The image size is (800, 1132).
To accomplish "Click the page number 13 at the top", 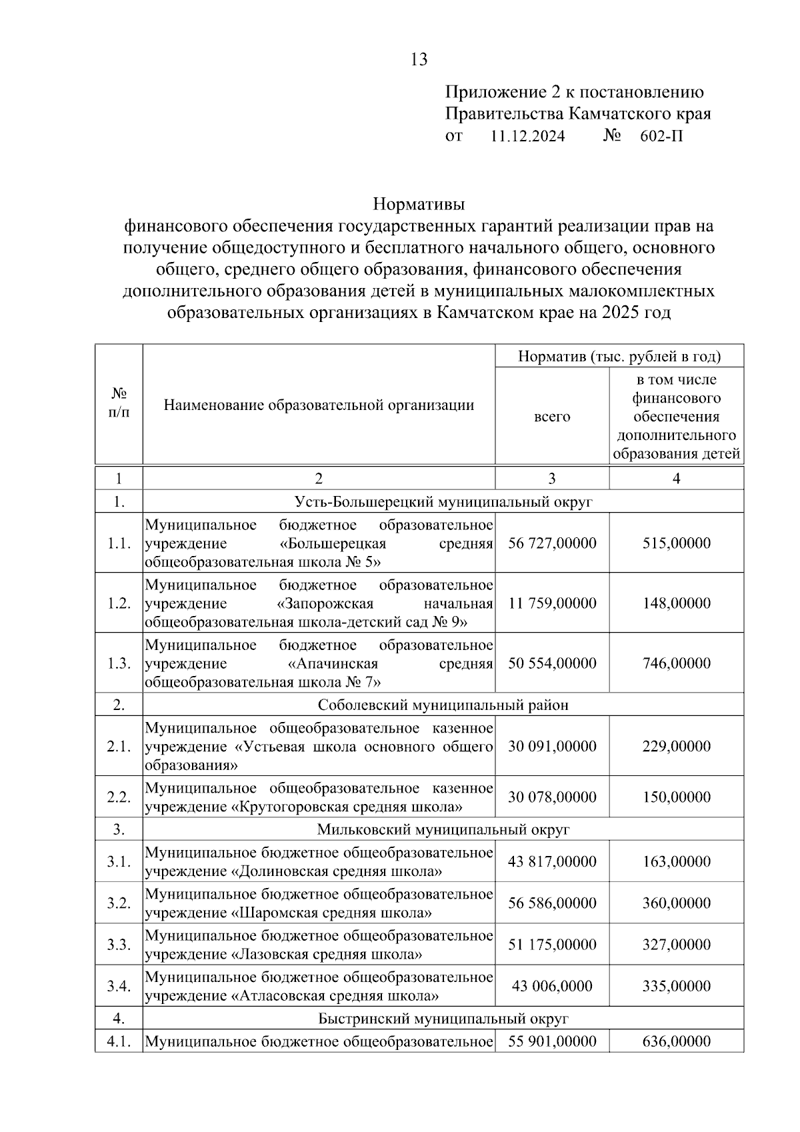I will tap(419, 59).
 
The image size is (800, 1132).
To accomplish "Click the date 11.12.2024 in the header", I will tap(527, 137).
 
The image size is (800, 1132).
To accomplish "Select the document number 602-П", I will tap(661, 137).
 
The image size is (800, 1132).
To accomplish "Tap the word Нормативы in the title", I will tap(419, 203).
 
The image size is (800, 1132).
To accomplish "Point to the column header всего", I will tap(552, 417).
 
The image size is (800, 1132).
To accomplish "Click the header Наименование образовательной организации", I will tap(319, 405).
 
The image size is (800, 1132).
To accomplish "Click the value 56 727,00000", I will tap(552, 543).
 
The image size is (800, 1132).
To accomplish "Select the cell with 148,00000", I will tap(676, 603).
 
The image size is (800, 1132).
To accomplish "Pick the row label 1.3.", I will tap(119, 663).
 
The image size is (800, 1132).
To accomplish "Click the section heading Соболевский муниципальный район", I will tap(443, 705).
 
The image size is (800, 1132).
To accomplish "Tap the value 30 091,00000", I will tap(552, 746).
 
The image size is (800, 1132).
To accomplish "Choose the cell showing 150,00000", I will tap(676, 797).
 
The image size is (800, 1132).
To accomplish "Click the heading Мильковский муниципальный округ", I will tap(443, 829).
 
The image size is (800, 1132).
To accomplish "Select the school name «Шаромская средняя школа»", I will tap(331, 913).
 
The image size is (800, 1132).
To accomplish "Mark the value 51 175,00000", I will tap(552, 944).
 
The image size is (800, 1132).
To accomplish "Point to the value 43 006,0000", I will tap(552, 985).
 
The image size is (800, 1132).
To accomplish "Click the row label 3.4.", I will tap(119, 985).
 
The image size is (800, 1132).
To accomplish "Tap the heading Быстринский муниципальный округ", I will tap(443, 1019).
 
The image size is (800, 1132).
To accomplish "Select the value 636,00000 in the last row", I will tap(676, 1041).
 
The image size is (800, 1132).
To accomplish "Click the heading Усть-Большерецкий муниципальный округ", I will tap(443, 501).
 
